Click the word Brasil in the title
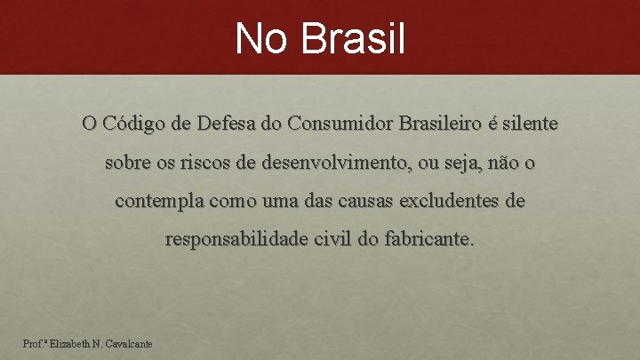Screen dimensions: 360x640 coord(354,39)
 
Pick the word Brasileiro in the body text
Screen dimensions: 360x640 coord(441,123)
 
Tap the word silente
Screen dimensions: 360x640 coord(532,123)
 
